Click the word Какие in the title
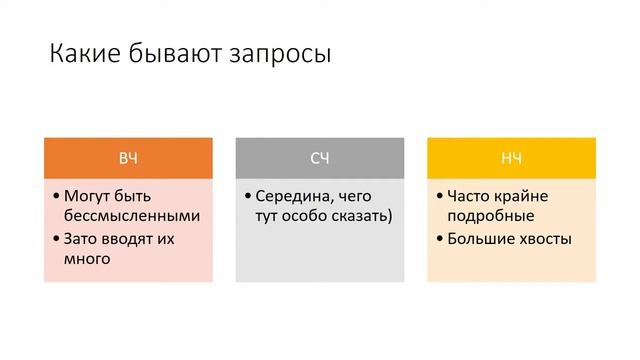(x=83, y=54)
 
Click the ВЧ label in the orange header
(x=129, y=158)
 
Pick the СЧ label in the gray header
(x=320, y=158)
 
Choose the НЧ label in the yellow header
(x=511, y=158)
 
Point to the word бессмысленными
(x=132, y=216)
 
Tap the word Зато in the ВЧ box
(x=82, y=239)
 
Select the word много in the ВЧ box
(x=87, y=259)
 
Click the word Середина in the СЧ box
(x=291, y=196)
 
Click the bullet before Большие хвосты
(x=439, y=240)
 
